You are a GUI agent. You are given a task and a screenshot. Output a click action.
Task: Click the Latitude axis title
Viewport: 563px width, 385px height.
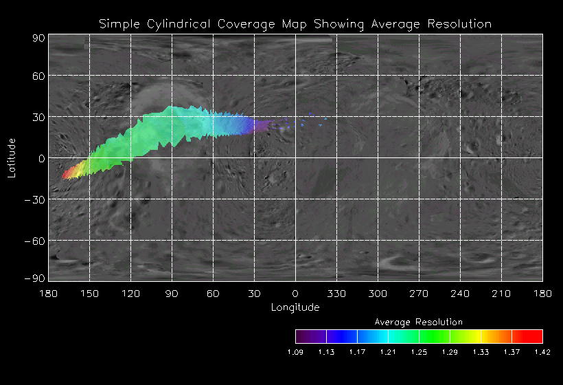[12, 157]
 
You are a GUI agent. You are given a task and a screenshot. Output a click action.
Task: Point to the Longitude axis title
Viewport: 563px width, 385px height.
[295, 307]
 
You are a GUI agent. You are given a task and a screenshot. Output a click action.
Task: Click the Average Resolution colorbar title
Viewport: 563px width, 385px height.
[419, 322]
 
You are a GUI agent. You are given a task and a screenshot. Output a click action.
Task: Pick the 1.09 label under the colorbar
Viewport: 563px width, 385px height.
[295, 352]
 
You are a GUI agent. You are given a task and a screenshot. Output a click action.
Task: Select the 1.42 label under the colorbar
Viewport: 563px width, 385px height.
[542, 352]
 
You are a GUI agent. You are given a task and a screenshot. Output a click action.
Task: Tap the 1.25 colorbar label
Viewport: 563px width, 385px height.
[419, 352]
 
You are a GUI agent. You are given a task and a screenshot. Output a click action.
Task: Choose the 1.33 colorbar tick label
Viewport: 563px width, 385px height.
[481, 352]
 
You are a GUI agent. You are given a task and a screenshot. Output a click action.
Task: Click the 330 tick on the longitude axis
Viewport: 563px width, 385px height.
[336, 293]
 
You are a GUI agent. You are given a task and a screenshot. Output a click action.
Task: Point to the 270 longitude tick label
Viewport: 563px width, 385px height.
[419, 293]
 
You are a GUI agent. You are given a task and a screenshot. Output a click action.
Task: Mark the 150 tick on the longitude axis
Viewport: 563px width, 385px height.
[89, 293]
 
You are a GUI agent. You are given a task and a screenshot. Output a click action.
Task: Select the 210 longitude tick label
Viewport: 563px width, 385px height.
[501, 293]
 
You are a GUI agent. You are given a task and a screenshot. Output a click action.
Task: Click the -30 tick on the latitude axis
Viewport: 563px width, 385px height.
[36, 200]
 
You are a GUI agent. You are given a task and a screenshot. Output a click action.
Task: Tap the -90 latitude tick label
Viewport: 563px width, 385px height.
[36, 278]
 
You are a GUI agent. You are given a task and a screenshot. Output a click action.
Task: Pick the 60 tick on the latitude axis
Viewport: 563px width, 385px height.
[38, 76]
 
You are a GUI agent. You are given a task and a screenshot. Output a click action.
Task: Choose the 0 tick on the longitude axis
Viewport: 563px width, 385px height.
[295, 293]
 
